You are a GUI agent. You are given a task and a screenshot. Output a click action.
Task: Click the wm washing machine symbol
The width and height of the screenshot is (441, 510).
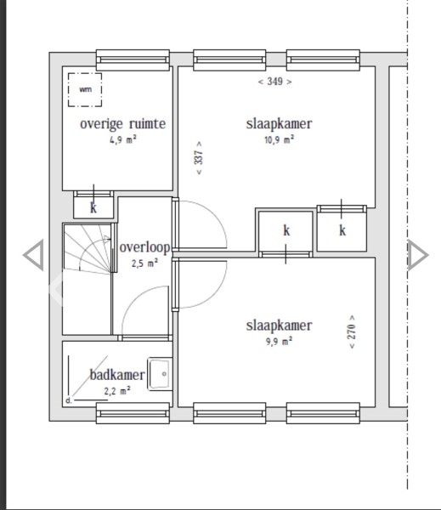pos(85,90)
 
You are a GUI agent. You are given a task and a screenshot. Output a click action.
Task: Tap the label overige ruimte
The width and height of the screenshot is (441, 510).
pos(123,124)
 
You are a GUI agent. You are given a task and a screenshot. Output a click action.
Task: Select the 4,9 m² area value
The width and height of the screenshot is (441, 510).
pos(123,140)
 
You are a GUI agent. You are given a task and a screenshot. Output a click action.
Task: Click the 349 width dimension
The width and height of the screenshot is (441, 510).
pos(274,82)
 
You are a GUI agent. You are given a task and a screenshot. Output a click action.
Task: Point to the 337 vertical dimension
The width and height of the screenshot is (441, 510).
pos(199,158)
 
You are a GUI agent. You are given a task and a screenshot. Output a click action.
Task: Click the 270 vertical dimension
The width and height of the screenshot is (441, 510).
pos(352,331)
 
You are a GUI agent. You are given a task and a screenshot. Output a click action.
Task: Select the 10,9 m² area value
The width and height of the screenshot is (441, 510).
pos(280,140)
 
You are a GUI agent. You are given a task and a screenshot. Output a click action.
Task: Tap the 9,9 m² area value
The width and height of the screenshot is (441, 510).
pos(280,342)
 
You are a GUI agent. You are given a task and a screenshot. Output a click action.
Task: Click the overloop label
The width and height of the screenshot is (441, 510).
pos(144,248)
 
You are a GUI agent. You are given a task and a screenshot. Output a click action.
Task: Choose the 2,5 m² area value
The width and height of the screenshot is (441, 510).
pos(144,263)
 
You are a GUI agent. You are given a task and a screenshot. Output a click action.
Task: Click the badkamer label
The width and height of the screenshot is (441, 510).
pos(117,375)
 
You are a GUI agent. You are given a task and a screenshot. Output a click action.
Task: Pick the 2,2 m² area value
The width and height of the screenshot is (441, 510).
pos(117,390)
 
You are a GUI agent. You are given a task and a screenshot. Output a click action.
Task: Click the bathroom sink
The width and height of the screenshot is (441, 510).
pos(160,374)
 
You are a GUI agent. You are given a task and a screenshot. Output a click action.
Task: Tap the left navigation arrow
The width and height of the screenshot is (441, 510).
pos(33,255)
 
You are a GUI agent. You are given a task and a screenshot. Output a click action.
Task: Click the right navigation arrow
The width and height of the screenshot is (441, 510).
pos(418,255)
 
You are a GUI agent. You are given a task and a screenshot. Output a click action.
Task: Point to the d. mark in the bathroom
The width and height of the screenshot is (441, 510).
pos(68,400)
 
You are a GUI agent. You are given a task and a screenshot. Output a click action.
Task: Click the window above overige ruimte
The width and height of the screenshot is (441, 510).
pos(133,60)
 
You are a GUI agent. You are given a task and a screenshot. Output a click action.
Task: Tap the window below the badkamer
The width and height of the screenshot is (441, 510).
pos(133,413)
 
